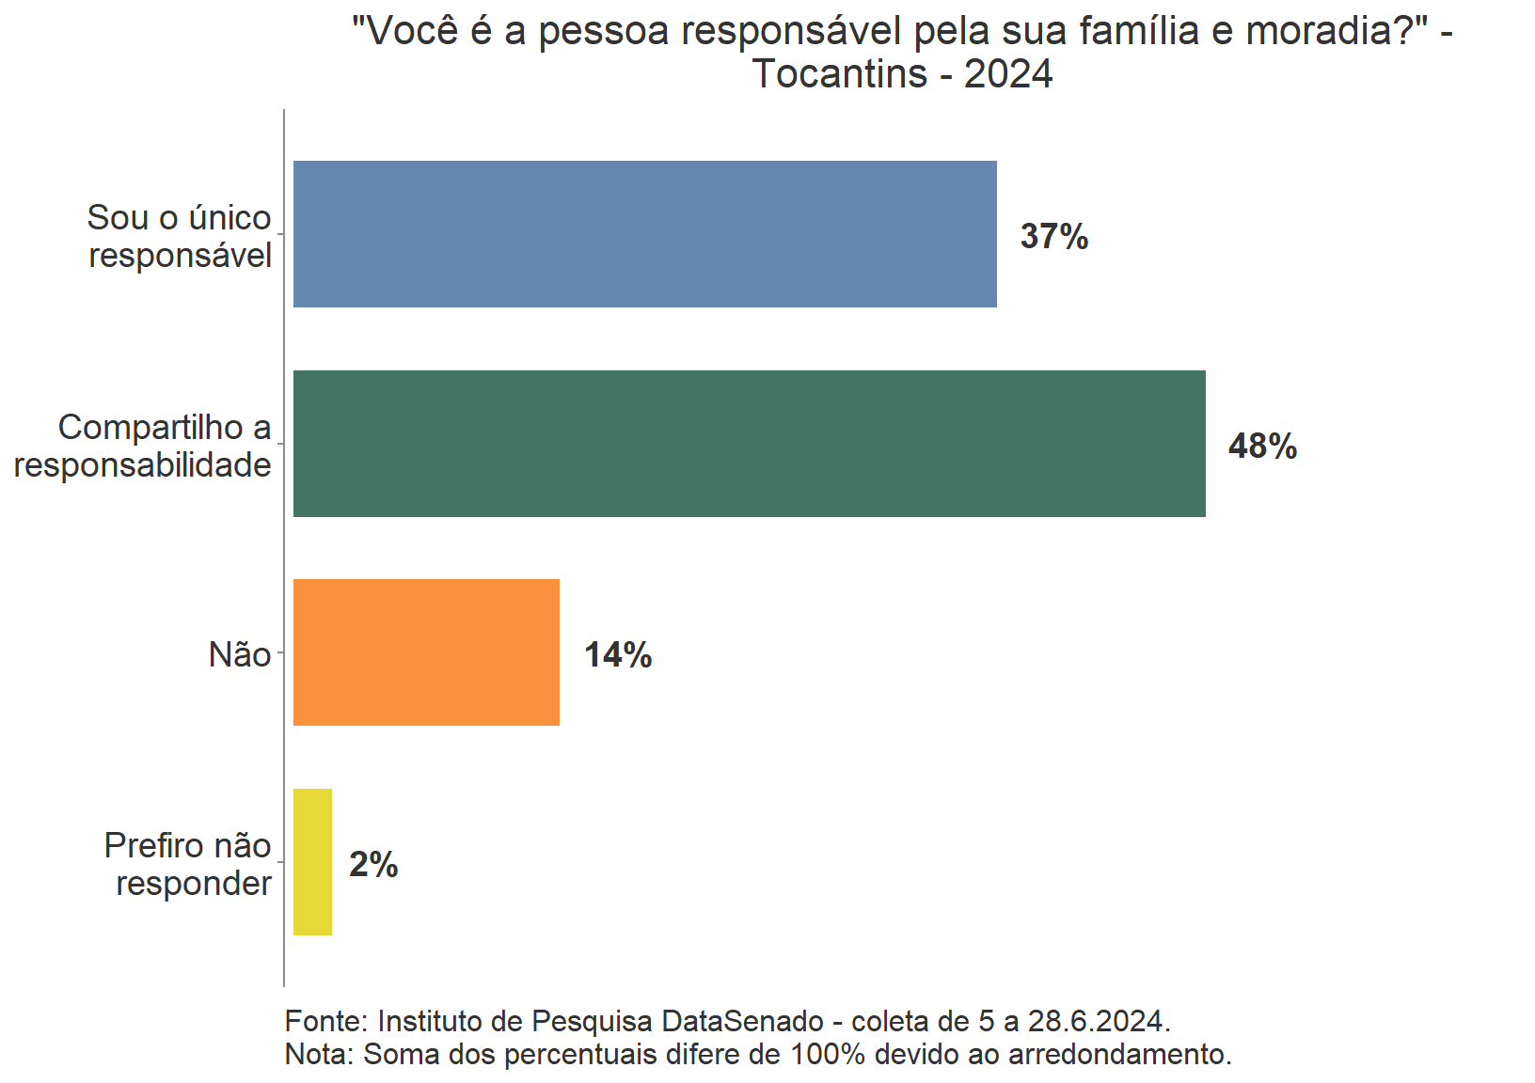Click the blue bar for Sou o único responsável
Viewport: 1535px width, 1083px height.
(x=644, y=234)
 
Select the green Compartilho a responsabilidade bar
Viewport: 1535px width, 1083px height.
(x=749, y=444)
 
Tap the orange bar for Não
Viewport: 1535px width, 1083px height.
(x=426, y=652)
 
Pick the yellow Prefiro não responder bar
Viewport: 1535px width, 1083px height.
(x=312, y=862)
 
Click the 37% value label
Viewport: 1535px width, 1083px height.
(x=1053, y=236)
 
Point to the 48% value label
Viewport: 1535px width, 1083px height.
(x=1262, y=446)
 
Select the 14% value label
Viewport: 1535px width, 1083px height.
(x=618, y=655)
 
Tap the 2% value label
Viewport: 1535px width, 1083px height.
(x=373, y=865)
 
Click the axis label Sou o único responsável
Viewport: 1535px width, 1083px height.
(x=180, y=236)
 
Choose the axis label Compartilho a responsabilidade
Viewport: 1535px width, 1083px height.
(x=143, y=446)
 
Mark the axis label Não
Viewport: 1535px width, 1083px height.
(x=240, y=654)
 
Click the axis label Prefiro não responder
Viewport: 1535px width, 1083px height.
(x=188, y=864)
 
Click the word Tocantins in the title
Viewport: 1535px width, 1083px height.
(x=840, y=73)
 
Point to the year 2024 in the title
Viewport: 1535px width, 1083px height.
(x=1008, y=73)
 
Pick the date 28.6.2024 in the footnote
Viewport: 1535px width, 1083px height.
(x=1096, y=1021)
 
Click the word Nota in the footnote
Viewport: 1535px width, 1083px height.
(x=316, y=1054)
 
